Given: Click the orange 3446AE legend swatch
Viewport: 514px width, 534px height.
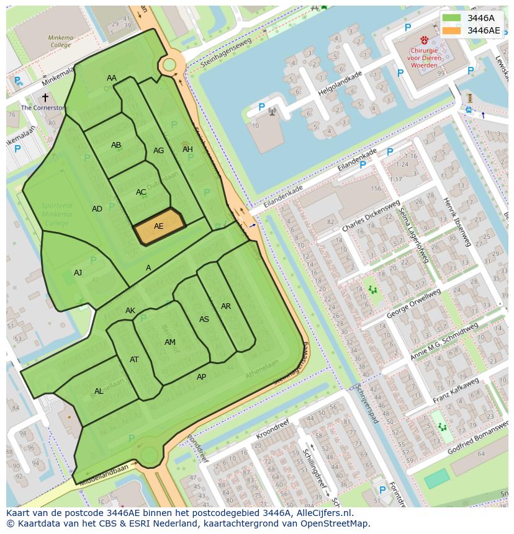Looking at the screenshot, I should tap(452, 30).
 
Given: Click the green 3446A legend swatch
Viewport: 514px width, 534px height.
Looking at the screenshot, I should tap(452, 18).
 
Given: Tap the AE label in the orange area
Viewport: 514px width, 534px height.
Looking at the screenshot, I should tap(159, 226).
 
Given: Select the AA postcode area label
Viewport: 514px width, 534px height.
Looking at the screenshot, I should tap(112, 78).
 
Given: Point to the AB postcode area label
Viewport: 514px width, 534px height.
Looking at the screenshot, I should tap(116, 145).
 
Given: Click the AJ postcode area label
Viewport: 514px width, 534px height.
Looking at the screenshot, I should tap(78, 272).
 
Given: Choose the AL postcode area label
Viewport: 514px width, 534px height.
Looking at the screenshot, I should tap(99, 391).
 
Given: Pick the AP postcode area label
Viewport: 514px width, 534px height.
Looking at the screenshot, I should tap(201, 377).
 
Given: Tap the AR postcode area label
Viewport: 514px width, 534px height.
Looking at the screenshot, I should tap(226, 306).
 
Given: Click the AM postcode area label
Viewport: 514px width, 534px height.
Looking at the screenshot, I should tap(170, 342).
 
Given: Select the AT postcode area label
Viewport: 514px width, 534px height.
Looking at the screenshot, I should tap(134, 360).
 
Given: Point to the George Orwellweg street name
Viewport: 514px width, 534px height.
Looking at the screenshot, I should tap(413, 304).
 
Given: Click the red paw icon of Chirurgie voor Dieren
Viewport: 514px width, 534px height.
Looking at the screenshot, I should tap(425, 40).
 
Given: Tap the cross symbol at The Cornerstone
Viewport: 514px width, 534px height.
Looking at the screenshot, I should tap(45, 97).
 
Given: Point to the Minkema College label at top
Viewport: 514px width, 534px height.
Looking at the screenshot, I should tap(60, 41).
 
